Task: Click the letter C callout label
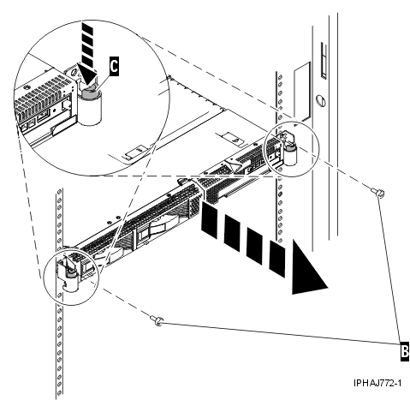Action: point(115,63)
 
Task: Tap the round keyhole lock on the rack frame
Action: point(319,99)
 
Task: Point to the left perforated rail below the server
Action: point(57,343)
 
